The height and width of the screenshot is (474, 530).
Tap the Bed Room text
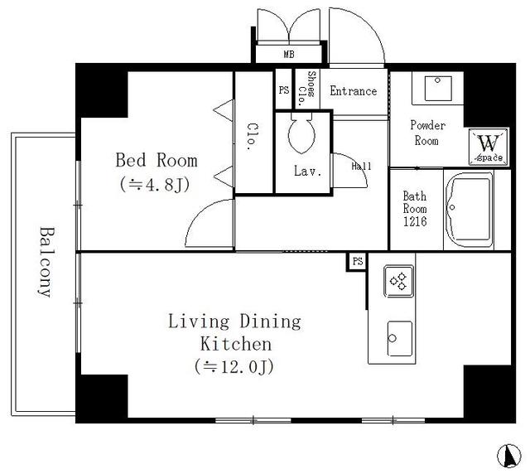pos(157,161)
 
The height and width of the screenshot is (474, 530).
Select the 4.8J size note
pos(155,185)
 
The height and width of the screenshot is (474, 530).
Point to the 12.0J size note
pos(234,366)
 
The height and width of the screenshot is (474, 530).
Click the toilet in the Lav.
pos(301,133)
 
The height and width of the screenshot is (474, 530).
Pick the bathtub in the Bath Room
pos(470,210)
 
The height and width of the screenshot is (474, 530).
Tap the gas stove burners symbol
pos(398,281)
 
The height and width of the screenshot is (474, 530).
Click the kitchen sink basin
pos(400,338)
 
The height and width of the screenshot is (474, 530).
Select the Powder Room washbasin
pos(438,88)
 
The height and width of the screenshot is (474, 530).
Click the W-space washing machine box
pos(489,148)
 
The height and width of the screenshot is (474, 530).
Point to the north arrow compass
pos(509,456)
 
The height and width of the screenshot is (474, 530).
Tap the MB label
pos(289,54)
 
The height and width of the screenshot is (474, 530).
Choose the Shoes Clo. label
pos(306,89)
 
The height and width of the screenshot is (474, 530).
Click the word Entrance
pos(354,91)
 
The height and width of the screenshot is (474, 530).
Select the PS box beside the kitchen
pos(357,262)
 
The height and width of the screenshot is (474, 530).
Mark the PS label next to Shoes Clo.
pos(284,90)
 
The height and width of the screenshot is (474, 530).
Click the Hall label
pos(361,166)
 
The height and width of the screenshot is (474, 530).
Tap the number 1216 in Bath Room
pos(415,221)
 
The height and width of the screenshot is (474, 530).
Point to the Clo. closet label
pos(253,137)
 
